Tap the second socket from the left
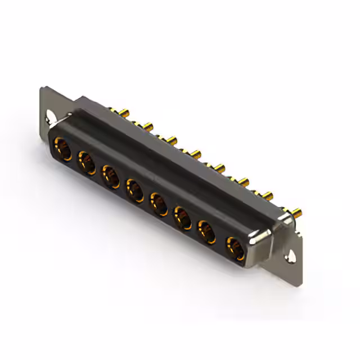[86, 163]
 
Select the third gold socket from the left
[110, 175]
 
